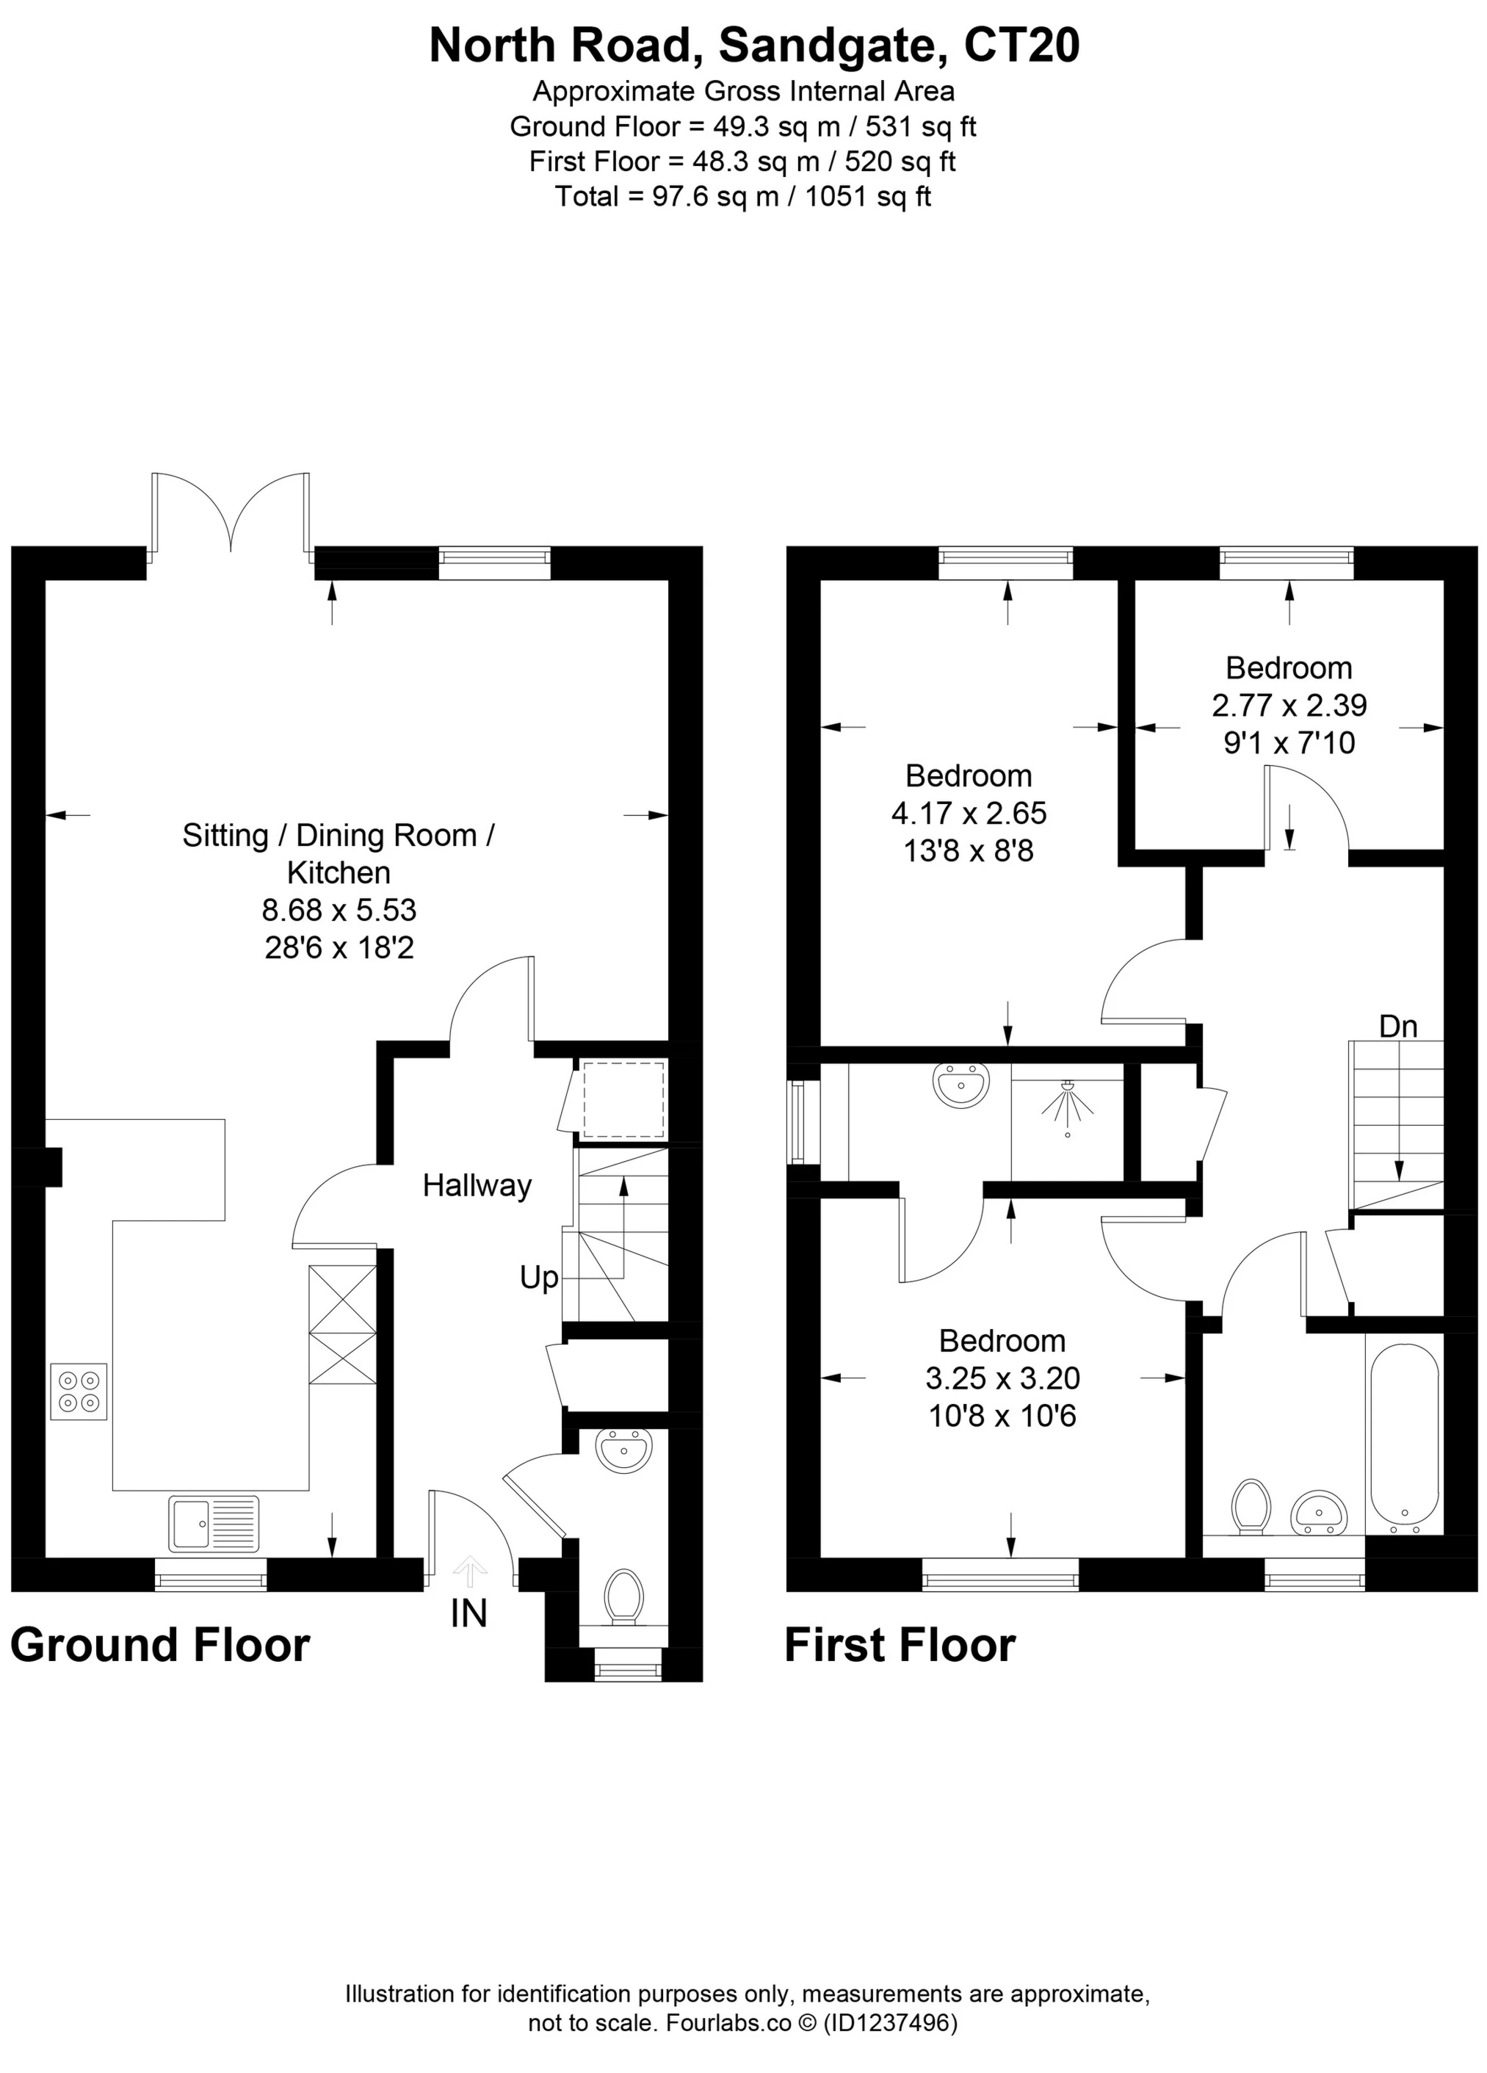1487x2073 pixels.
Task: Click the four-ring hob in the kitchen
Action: coord(79,1391)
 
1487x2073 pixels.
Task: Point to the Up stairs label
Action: coord(539,1278)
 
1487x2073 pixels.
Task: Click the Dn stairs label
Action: coord(1398,1027)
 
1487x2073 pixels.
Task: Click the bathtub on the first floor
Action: coord(1405,1439)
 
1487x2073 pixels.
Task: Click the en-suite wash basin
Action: coord(960,1086)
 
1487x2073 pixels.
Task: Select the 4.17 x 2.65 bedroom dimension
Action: coord(969,813)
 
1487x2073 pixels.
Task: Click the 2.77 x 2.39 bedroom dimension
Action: coord(1289,706)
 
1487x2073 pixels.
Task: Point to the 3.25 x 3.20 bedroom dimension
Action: coord(1002,1378)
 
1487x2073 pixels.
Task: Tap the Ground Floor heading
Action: coord(161,1645)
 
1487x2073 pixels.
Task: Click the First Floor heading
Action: coord(900,1645)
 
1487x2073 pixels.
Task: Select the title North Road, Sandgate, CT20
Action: coord(755,46)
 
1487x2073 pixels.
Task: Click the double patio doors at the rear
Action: coord(231,513)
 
